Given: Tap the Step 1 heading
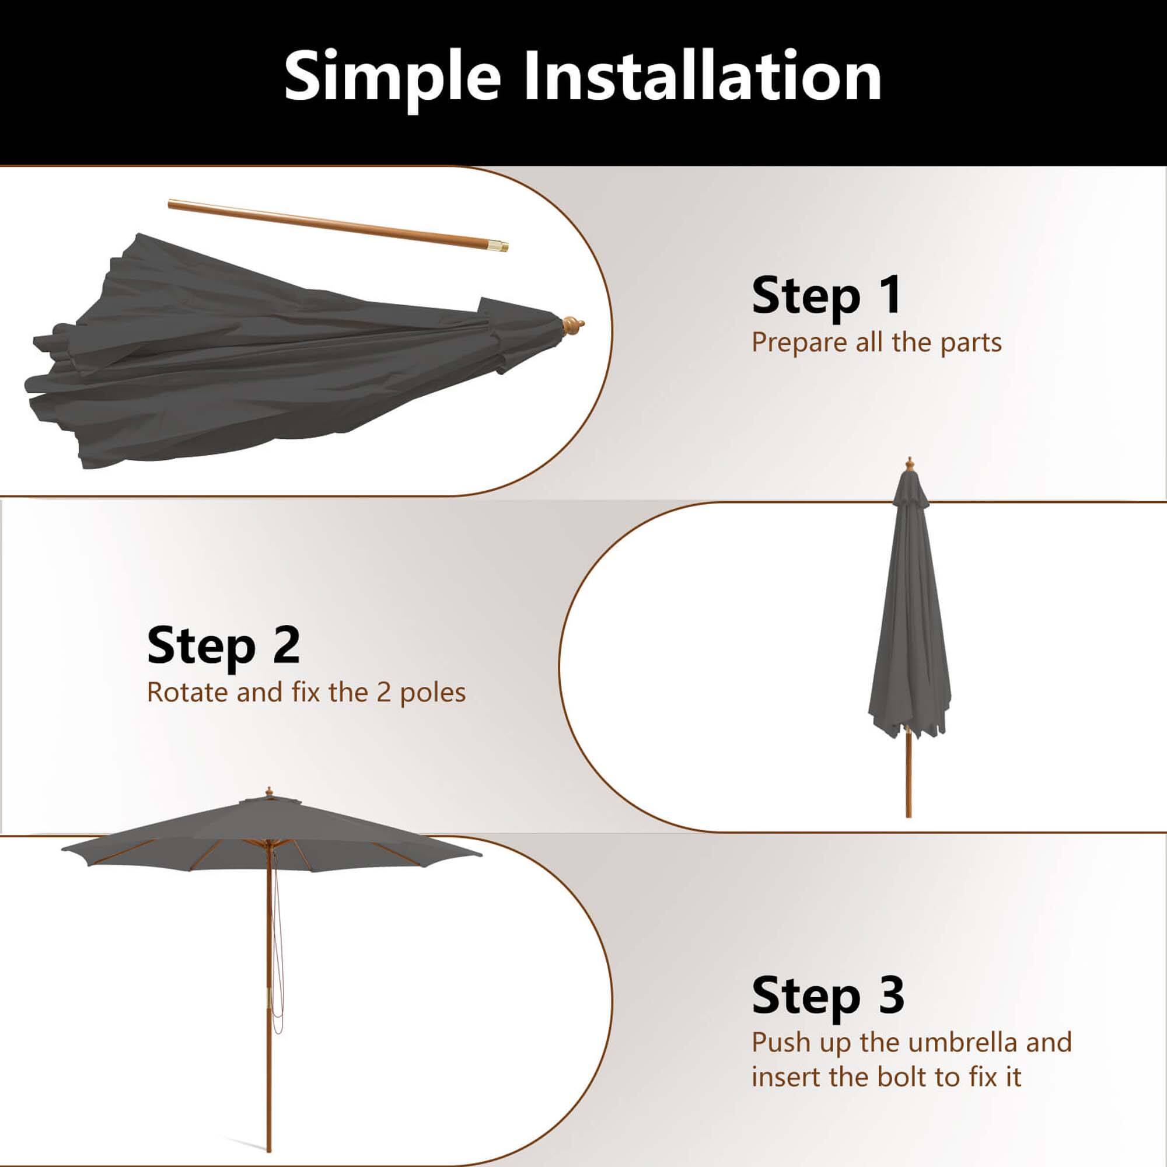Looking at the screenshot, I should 826,296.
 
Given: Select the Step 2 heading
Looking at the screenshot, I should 223,646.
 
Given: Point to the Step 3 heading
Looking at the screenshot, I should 827,995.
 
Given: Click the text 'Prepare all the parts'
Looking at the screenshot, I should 876,343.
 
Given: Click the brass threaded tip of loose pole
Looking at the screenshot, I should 500,246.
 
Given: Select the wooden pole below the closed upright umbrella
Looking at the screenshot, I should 908,779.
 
